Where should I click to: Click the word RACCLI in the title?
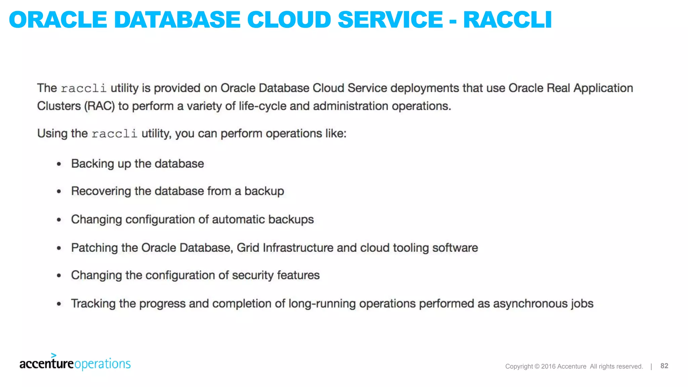507,20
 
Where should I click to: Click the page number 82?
664,366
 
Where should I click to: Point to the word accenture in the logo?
46,364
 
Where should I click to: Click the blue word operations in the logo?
102,364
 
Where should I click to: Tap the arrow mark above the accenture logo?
53,355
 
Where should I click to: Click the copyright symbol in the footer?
537,367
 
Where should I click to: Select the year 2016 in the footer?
548,367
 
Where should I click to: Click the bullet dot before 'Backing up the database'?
59,164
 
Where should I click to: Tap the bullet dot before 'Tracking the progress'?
59,304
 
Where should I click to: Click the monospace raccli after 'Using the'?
114,134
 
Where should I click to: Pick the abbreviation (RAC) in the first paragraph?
99,106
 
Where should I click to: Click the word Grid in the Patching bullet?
248,248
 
